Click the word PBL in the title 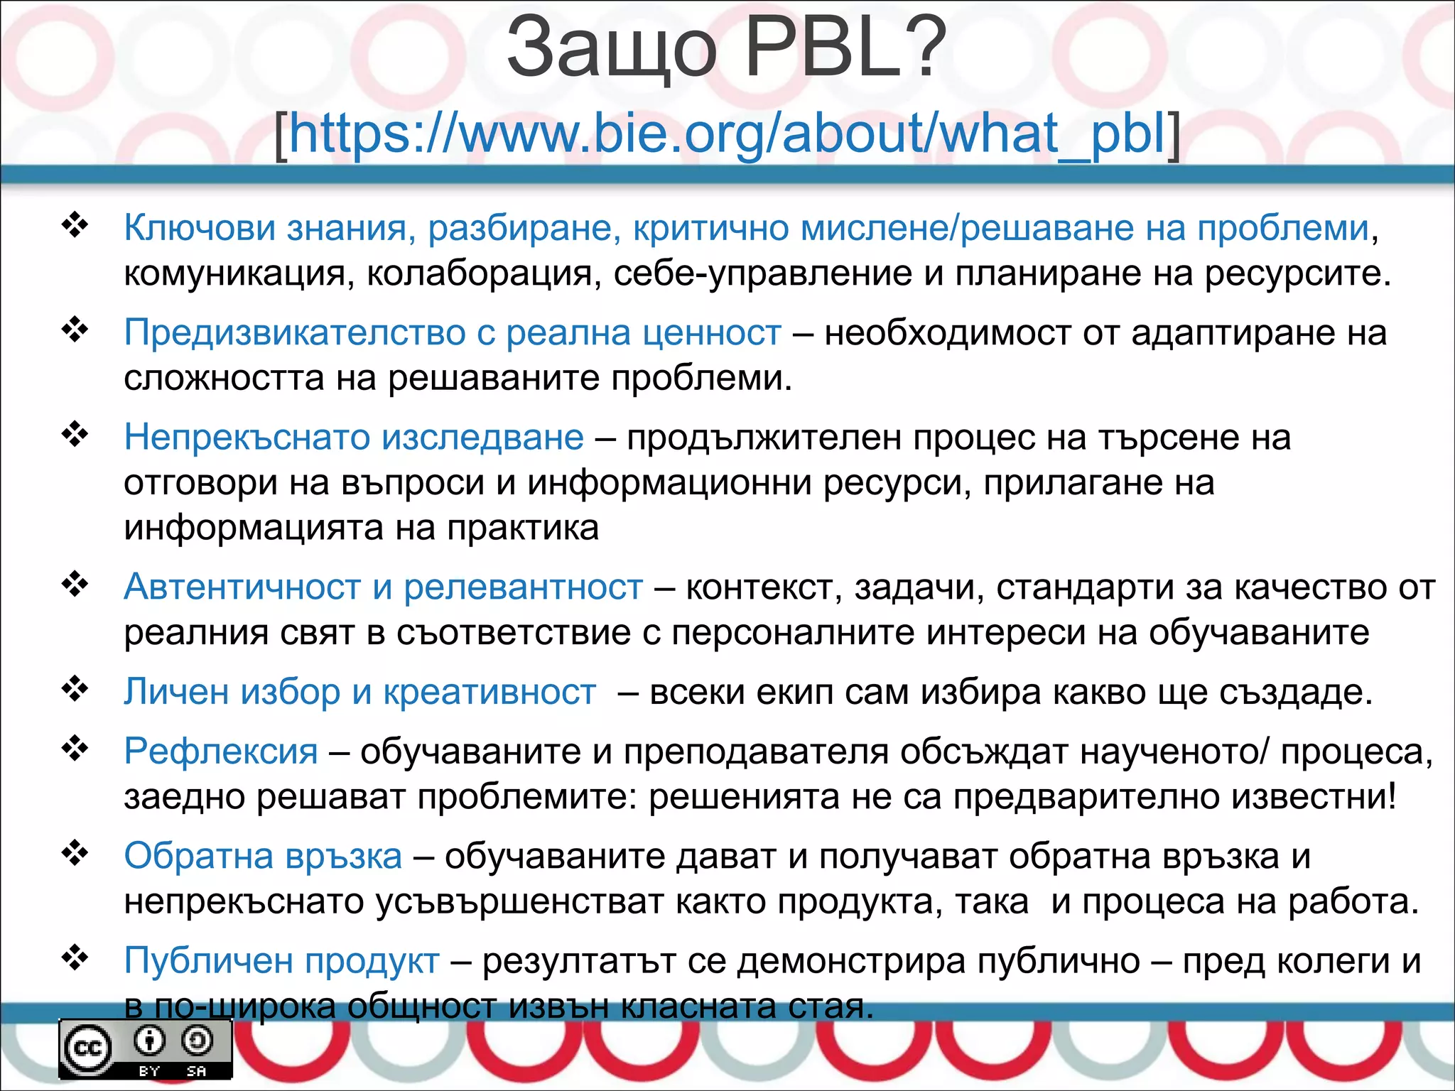click(845, 48)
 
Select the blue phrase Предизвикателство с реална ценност click(453, 332)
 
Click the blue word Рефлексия click(221, 751)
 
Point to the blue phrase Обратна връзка click(263, 855)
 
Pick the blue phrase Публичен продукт click(281, 960)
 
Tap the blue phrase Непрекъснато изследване click(354, 437)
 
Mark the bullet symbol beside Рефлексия click(75, 748)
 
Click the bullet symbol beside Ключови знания click(75, 225)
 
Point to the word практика click(522, 528)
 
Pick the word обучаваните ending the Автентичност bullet click(1258, 632)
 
